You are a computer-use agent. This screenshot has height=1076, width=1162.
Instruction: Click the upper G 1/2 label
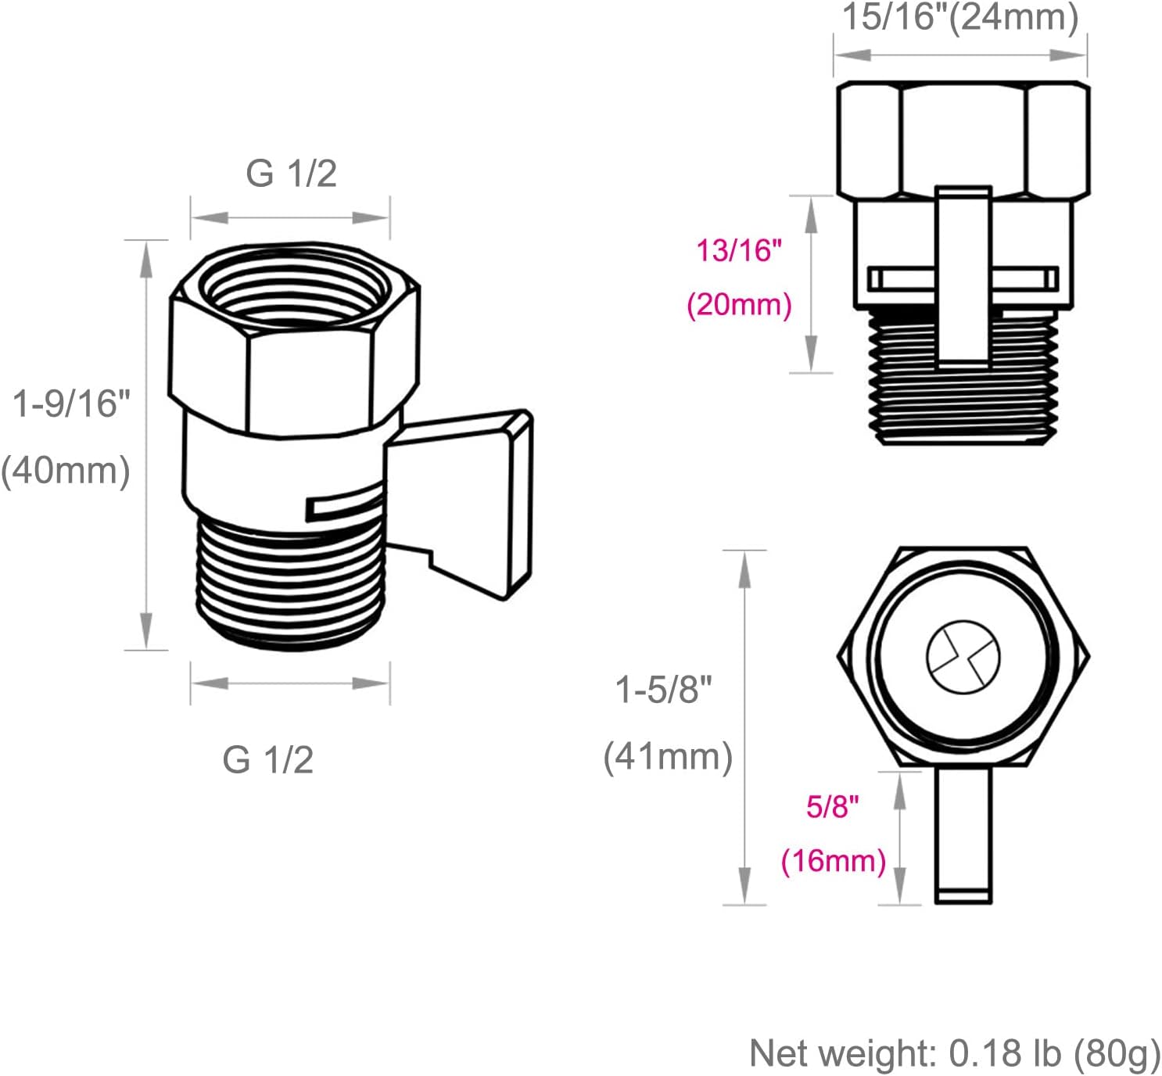tap(291, 173)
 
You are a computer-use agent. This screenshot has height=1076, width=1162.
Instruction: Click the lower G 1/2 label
tap(268, 759)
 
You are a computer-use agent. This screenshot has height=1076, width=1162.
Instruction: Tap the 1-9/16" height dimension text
tap(71, 404)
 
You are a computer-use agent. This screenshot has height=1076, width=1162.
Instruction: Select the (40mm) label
tap(66, 471)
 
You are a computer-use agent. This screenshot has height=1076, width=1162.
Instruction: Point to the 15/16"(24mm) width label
tap(960, 17)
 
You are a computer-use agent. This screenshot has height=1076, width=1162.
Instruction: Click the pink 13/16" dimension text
tap(739, 251)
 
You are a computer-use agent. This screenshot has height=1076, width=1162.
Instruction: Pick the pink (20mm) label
tap(739, 304)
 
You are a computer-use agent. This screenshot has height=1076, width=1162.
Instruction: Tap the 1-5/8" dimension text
tap(664, 690)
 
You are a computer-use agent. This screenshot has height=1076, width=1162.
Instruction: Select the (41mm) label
tap(668, 756)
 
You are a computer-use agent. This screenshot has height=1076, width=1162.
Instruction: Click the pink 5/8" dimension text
tap(833, 805)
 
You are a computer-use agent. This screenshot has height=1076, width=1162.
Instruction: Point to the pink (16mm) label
tap(834, 861)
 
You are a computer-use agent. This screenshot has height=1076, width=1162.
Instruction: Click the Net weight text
tap(954, 1053)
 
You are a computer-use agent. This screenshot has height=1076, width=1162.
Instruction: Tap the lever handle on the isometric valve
tap(469, 500)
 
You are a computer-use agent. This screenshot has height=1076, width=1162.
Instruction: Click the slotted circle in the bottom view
tap(963, 657)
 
